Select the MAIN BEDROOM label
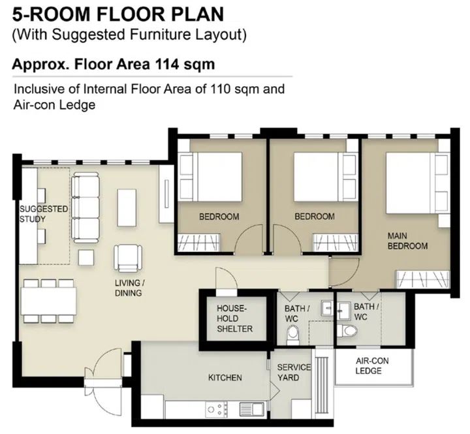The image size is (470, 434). point(407,241)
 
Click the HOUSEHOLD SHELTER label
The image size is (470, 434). point(234,318)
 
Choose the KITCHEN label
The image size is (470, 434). point(225,378)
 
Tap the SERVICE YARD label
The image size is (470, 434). point(294,373)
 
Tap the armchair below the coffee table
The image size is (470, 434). point(128,257)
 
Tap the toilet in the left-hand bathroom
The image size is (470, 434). point(294,335)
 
